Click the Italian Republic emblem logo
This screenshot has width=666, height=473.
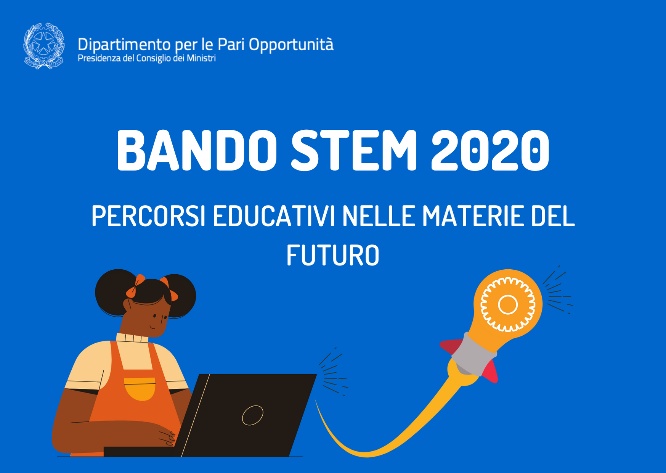44,46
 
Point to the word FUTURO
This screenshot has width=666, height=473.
333,255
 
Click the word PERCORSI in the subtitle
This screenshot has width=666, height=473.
149,216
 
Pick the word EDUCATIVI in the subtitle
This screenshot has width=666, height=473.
274,216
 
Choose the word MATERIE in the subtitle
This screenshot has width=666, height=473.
473,216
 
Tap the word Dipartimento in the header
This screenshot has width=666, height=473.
124,45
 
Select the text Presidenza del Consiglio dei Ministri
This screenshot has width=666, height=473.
147,58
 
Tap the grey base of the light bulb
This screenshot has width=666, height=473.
474,354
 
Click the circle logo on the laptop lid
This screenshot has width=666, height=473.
252,415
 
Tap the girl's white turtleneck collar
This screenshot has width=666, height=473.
132,338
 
